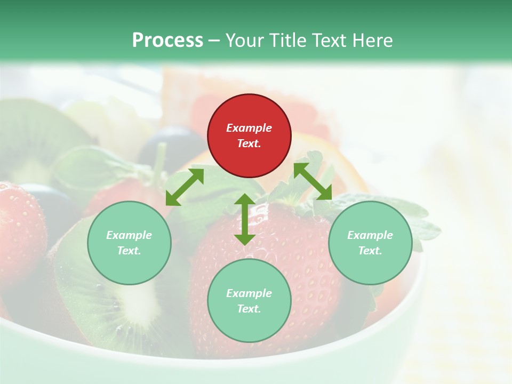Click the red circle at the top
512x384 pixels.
click(x=249, y=136)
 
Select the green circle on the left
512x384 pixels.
click(x=129, y=243)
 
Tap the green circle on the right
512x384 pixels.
click(x=370, y=243)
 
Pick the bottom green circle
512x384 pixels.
click(x=249, y=300)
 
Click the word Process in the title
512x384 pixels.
click(x=167, y=40)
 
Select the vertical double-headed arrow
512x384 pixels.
click(x=245, y=219)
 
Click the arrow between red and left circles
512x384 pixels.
click(x=185, y=187)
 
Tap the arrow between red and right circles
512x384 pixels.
click(x=313, y=181)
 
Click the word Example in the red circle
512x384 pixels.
click(x=249, y=128)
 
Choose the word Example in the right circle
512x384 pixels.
click(x=370, y=235)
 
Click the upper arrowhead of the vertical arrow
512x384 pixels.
click(x=245, y=200)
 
